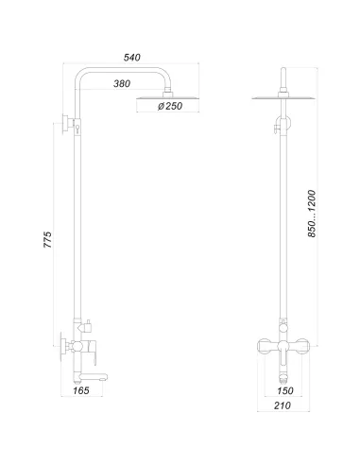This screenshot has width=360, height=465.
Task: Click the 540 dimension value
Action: pyautogui.click(x=131, y=59)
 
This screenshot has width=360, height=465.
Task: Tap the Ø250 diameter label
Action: pyautogui.click(x=171, y=108)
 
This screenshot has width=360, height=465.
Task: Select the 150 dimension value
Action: pyautogui.click(x=282, y=387)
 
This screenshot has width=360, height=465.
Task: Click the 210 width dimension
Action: pyautogui.click(x=282, y=406)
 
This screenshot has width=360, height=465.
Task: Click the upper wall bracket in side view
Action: pyautogui.click(x=69, y=122)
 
